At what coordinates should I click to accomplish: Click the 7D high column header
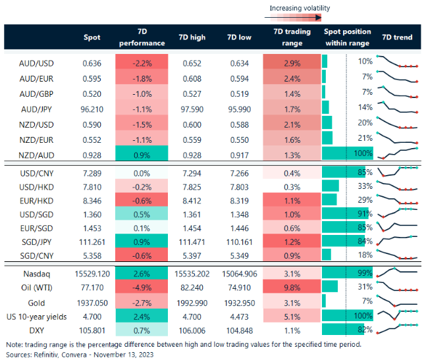(x=192, y=38)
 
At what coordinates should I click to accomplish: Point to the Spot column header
(x=92, y=38)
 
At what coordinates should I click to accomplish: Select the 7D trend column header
(x=397, y=38)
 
